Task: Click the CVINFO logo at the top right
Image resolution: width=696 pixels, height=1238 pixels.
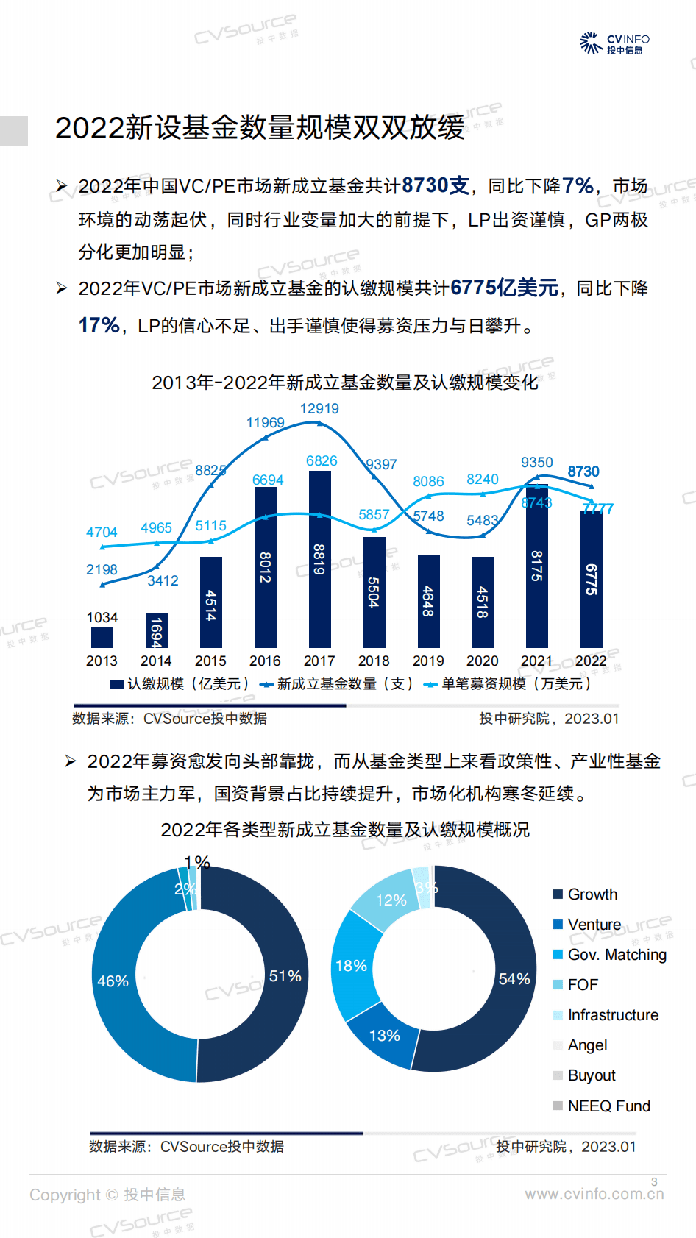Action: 614,43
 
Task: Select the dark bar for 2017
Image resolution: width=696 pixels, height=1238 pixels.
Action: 319,559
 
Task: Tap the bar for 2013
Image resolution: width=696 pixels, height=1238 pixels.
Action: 102,637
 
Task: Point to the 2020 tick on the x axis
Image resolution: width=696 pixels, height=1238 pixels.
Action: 482,661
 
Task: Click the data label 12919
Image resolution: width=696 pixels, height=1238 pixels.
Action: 319,408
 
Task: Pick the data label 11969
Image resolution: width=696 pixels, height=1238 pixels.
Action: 265,422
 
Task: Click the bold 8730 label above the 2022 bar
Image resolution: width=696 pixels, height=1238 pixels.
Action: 583,472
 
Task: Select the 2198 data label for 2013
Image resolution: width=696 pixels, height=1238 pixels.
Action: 102,569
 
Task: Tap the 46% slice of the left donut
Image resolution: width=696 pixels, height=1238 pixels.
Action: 113,981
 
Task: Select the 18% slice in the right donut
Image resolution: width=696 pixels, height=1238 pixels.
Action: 352,966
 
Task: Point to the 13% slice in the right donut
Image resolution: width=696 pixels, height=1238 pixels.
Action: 384,1036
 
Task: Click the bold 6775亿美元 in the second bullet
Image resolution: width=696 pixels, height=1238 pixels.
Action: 504,288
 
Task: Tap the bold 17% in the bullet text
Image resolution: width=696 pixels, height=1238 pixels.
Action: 99,324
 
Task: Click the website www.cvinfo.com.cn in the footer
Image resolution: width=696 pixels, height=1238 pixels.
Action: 594,1194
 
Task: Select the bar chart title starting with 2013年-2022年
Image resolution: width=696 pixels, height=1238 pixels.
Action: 344,383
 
